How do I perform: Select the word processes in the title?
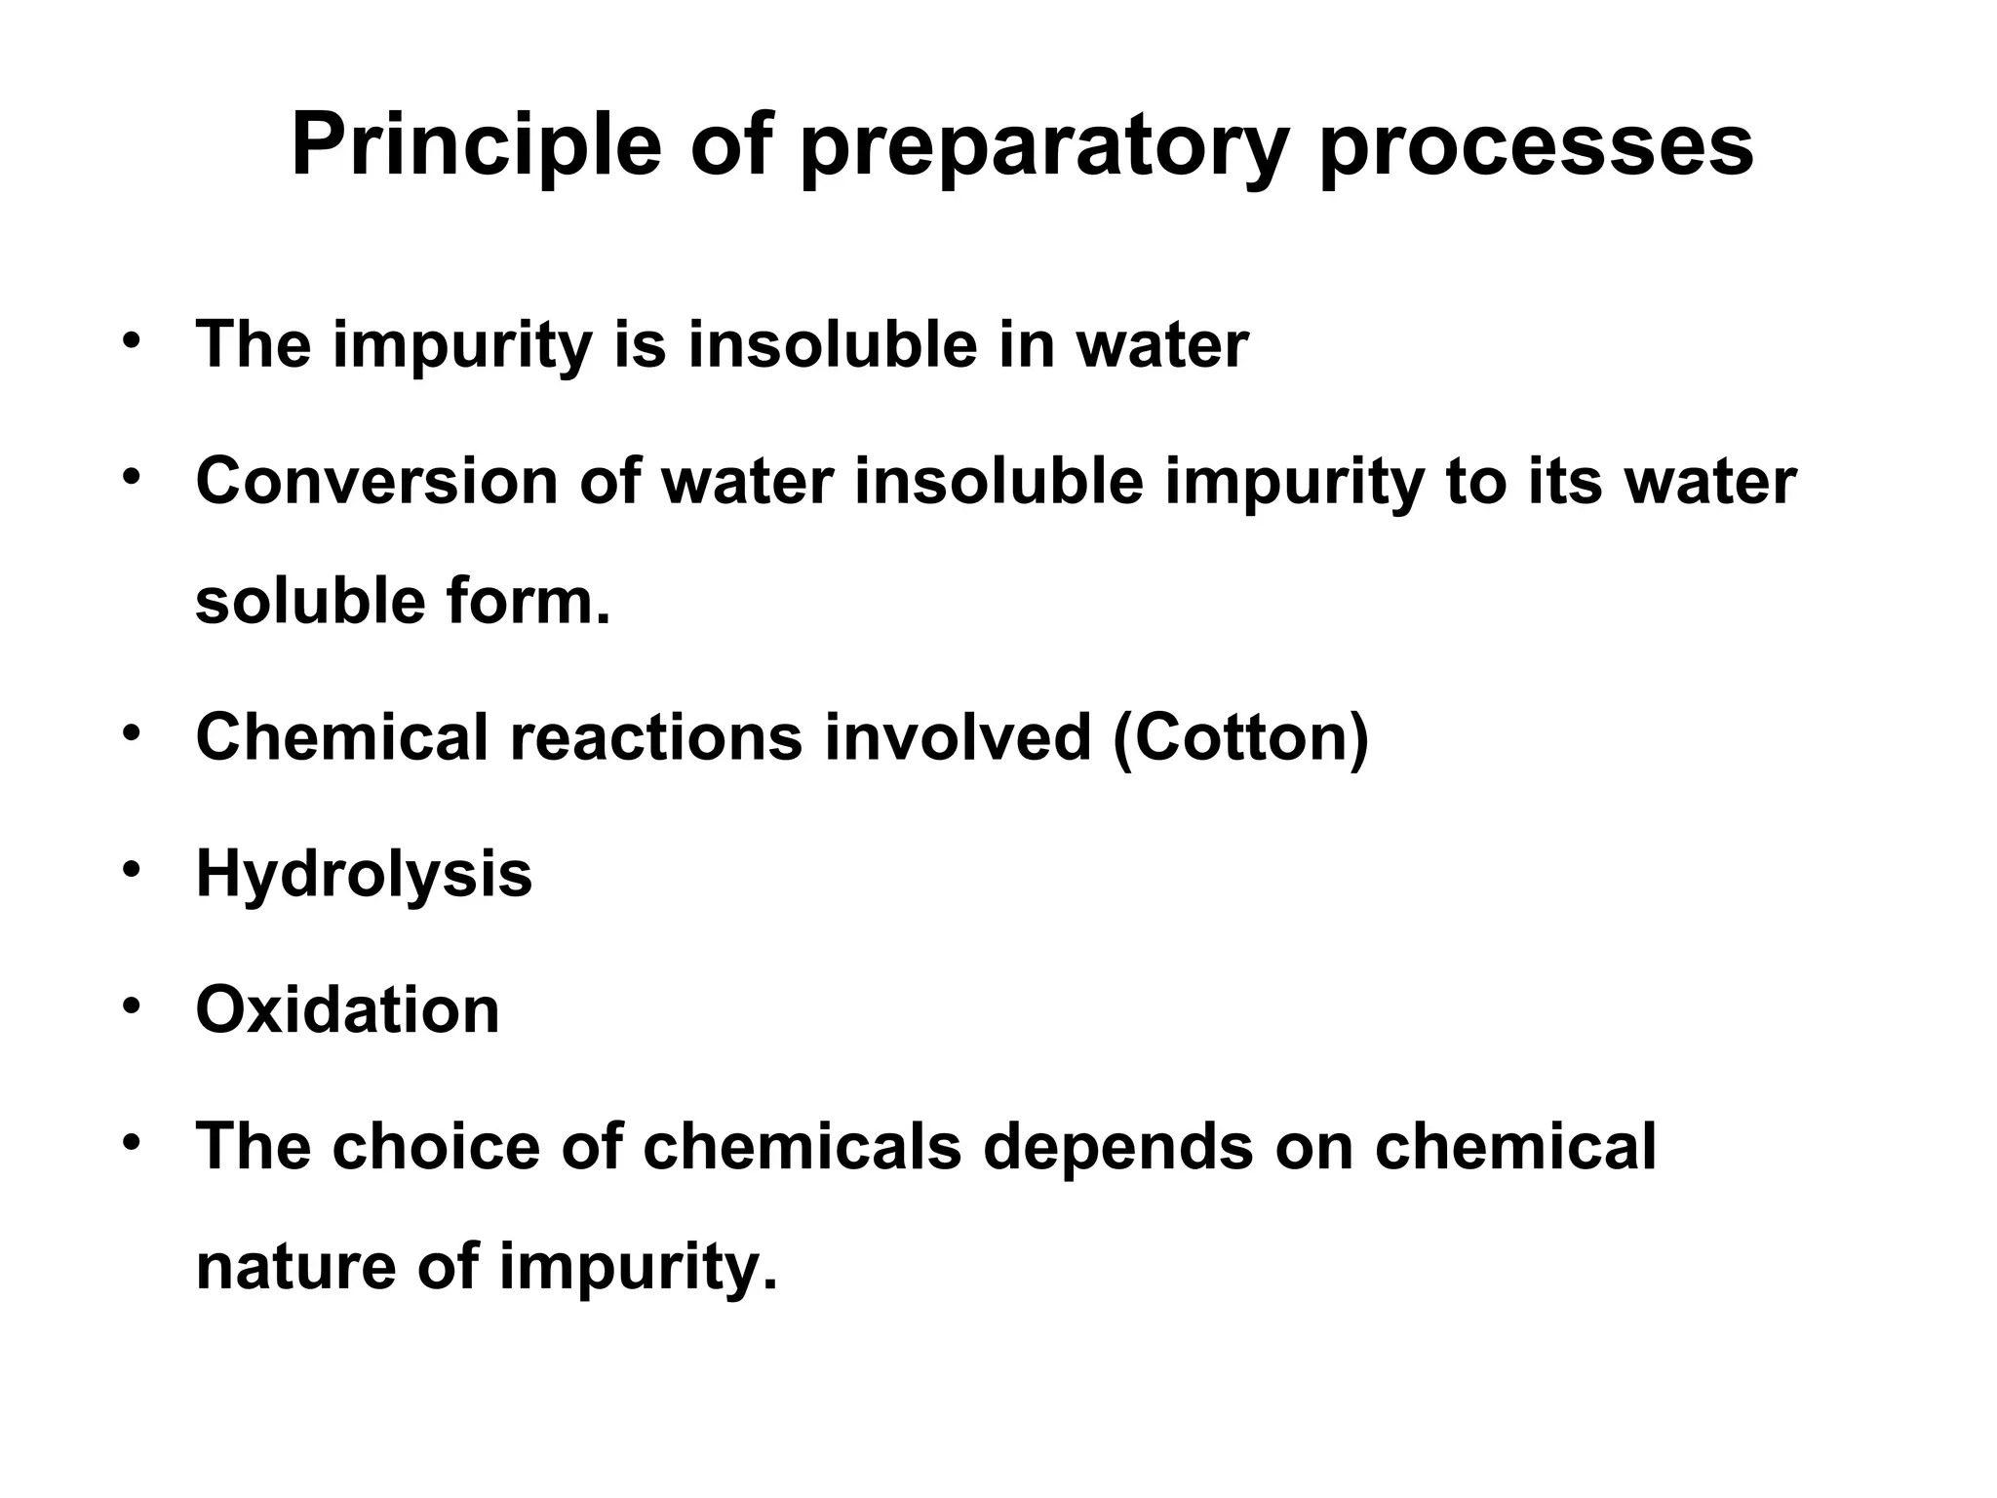tap(1536, 151)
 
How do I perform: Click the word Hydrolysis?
tap(364, 874)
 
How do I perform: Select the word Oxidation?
tap(347, 1009)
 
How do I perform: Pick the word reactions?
tap(656, 737)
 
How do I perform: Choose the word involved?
tap(958, 737)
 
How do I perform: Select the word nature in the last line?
tap(294, 1267)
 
